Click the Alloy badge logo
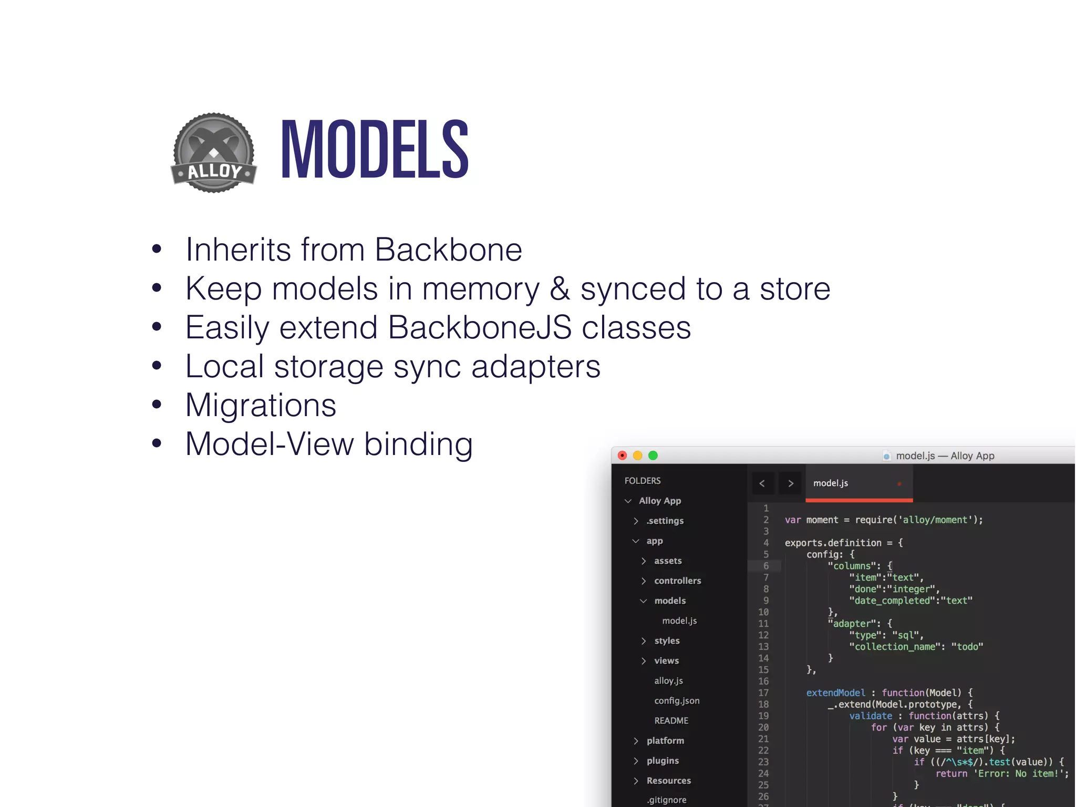(214, 153)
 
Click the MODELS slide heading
(374, 150)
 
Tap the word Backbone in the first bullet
(448, 250)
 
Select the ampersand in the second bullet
(560, 289)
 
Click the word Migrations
(261, 406)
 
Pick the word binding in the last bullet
(418, 444)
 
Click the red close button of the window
(623, 456)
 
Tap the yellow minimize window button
(638, 456)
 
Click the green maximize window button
(653, 456)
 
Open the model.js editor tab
(831, 483)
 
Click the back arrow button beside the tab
(762, 483)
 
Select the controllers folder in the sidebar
(677, 581)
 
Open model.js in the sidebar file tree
(679, 620)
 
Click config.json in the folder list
(677, 700)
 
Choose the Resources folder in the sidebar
(668, 781)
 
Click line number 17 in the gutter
(763, 692)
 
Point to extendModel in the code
(835, 692)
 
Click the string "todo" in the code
(967, 647)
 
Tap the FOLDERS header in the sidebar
(643, 481)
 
